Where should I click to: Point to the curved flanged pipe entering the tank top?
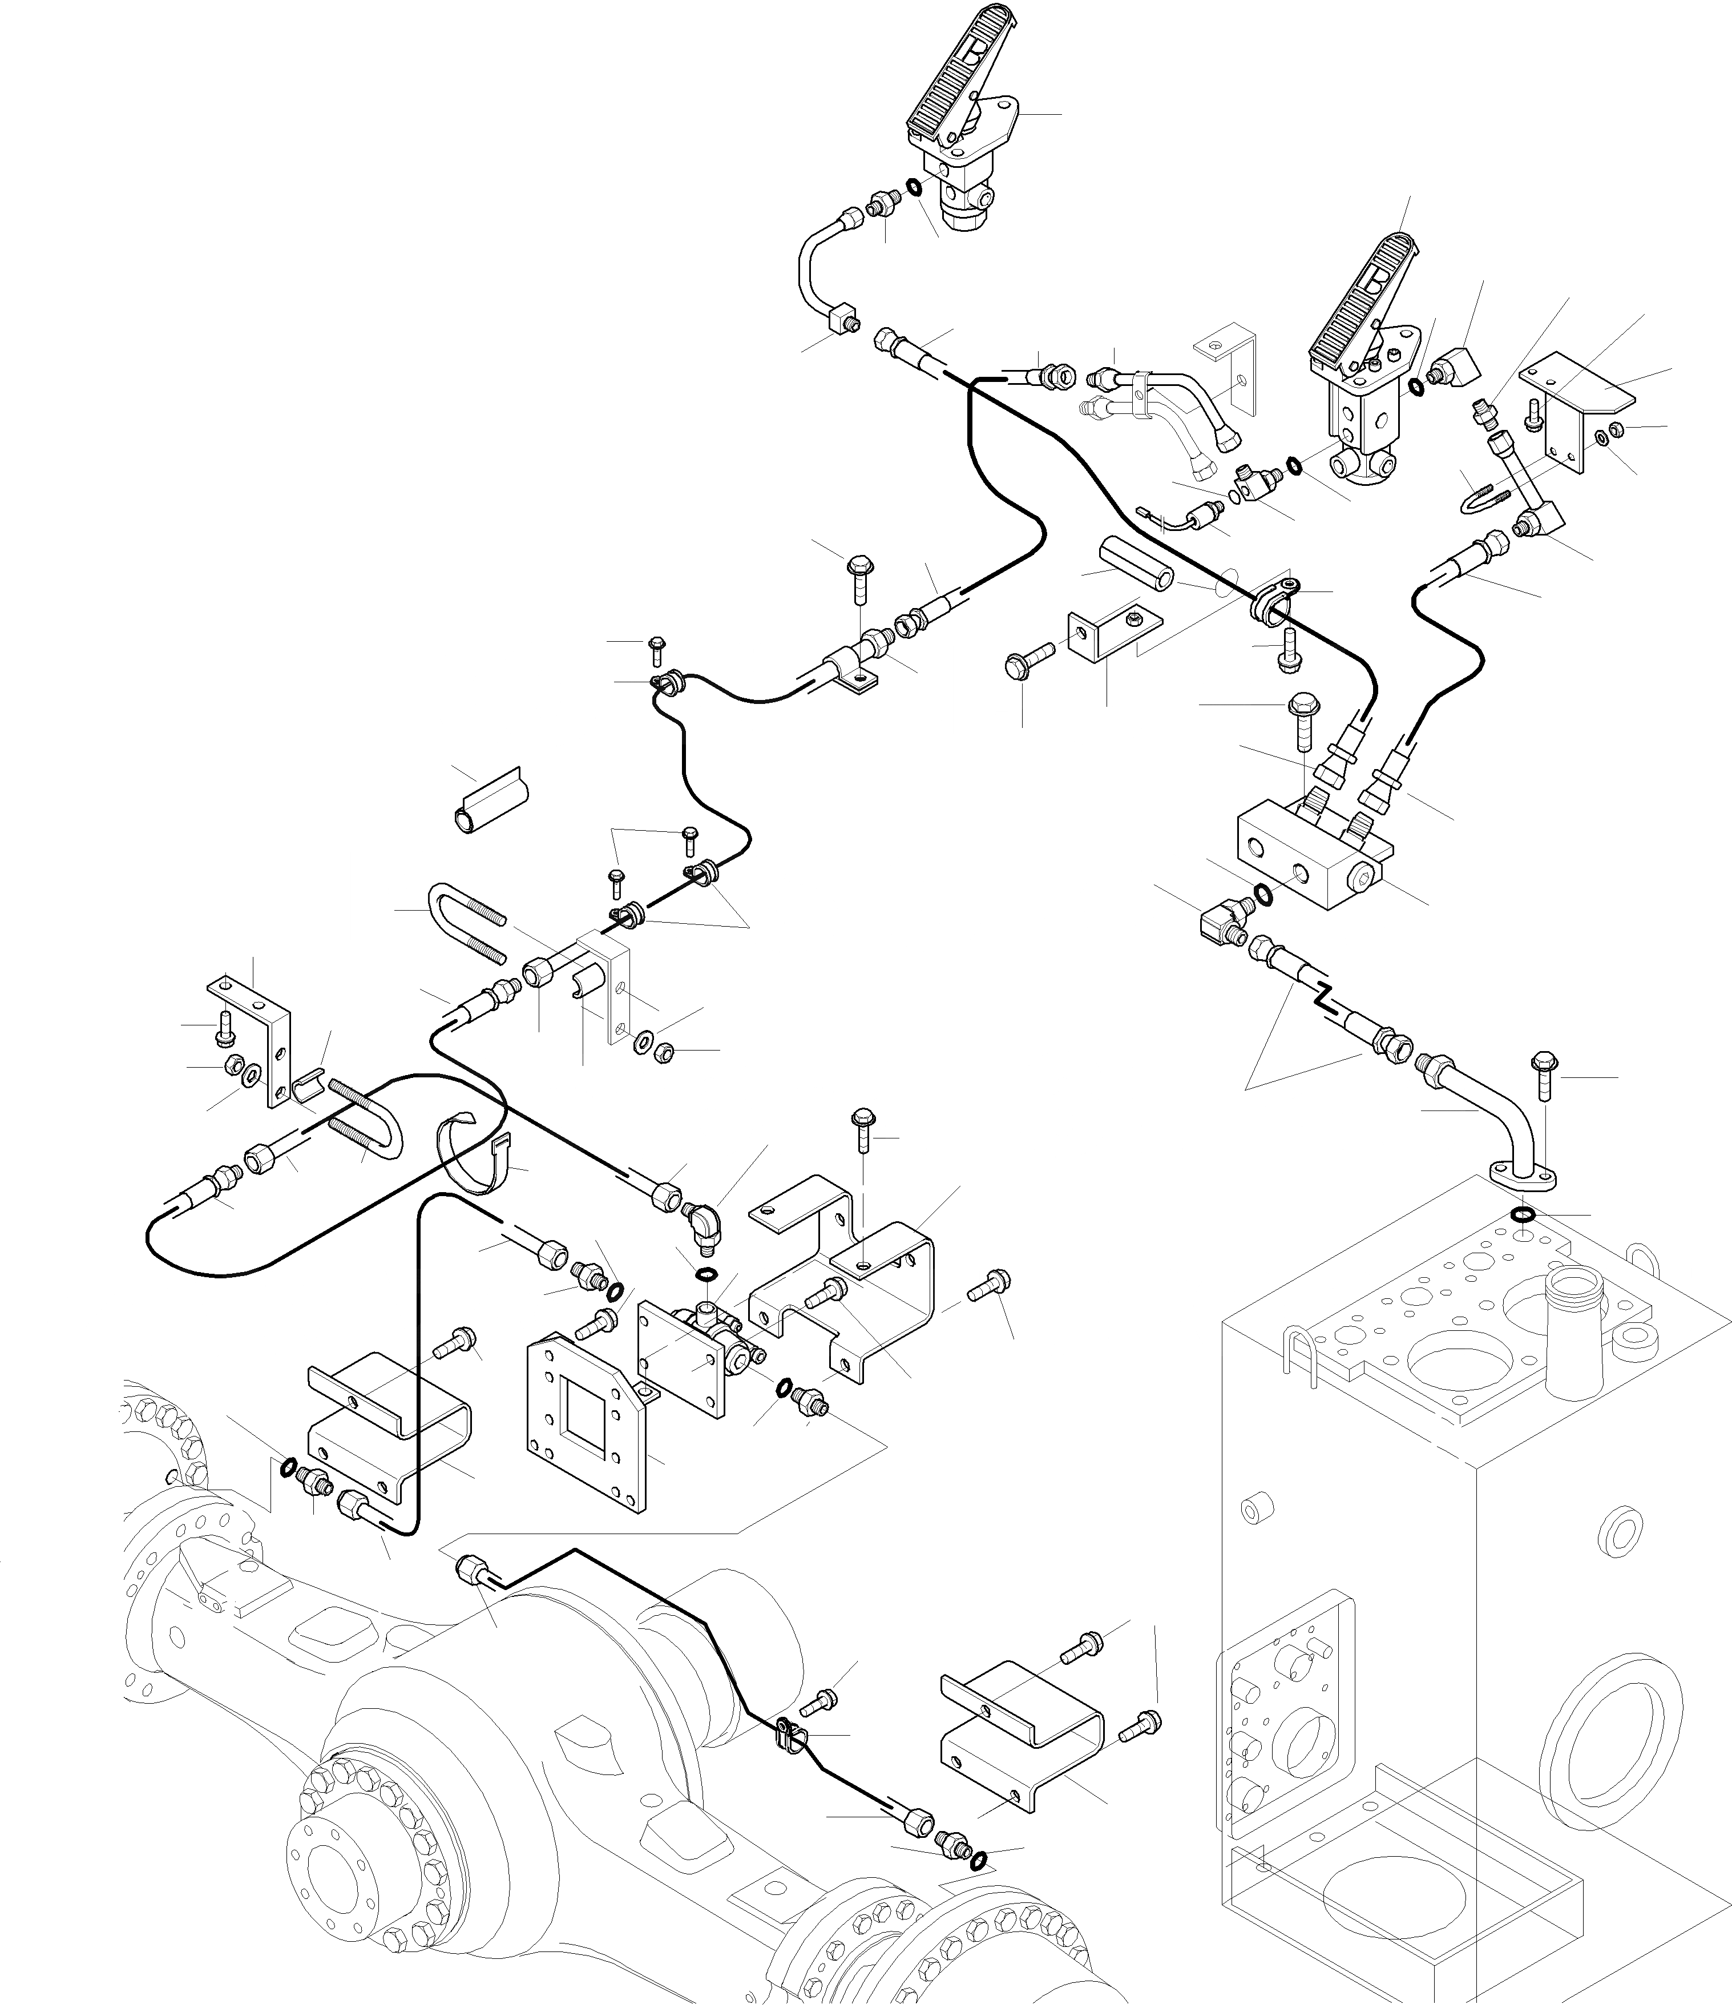[x=1495, y=1117]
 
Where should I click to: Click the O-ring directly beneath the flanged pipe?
[x=1523, y=1215]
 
